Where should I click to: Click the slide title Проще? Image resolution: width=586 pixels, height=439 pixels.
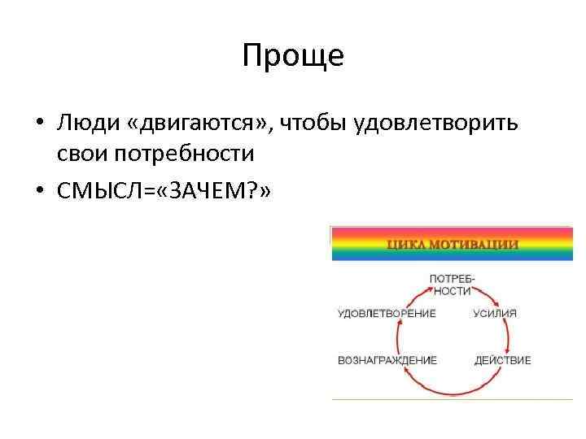293,56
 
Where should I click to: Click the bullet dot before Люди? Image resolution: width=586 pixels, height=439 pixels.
40,124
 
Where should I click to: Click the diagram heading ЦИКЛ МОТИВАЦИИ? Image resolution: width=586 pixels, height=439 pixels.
453,243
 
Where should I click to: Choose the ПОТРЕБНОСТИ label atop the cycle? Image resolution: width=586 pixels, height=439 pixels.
453,284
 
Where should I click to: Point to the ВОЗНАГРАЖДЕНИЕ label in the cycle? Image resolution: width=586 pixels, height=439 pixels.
387,359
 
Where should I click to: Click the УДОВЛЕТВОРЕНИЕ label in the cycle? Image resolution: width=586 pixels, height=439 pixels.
387,313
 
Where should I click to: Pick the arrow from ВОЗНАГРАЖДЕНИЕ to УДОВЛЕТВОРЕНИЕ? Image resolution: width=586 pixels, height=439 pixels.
397,336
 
